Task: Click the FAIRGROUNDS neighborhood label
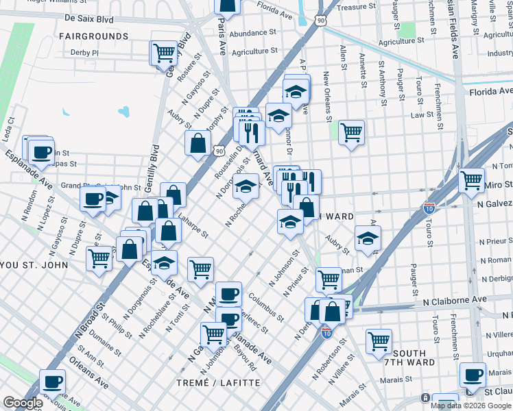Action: coord(93,36)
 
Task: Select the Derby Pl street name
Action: coord(85,52)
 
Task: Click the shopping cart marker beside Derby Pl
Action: coord(164,52)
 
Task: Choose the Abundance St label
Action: coord(252,32)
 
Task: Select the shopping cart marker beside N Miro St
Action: coord(471,181)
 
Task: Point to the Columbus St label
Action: coord(267,306)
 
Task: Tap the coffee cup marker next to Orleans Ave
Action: coord(51,381)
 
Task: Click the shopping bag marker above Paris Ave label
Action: coord(227,6)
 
